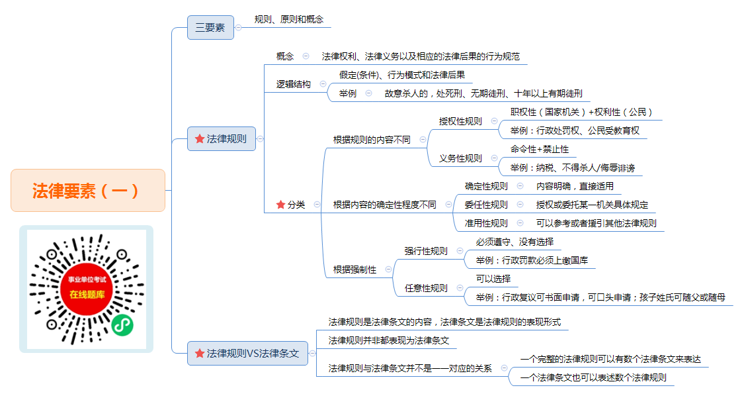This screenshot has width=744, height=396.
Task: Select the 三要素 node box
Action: point(210,28)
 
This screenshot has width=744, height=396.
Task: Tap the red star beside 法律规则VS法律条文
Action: point(200,353)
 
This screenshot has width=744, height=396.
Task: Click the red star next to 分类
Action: point(280,205)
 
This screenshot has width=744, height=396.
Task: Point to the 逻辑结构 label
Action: point(293,84)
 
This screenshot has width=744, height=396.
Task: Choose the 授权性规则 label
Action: point(460,121)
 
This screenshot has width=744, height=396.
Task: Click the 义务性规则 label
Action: point(460,158)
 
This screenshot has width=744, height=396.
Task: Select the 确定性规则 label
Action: point(486,186)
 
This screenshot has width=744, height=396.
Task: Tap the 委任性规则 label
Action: point(486,205)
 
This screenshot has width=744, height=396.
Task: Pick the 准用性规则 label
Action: point(486,223)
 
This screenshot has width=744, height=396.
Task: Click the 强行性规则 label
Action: point(426,251)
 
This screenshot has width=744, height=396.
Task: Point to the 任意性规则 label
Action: point(426,288)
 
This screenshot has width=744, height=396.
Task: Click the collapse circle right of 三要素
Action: point(239,28)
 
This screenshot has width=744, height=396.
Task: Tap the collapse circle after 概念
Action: point(306,56)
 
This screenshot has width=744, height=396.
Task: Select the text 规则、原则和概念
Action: point(289,19)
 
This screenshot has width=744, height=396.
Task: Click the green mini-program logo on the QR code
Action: point(122,325)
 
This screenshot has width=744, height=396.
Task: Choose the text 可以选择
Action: point(493,279)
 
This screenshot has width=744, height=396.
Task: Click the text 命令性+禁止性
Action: point(540,149)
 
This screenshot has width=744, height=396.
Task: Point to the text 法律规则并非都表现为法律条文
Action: point(389,340)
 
